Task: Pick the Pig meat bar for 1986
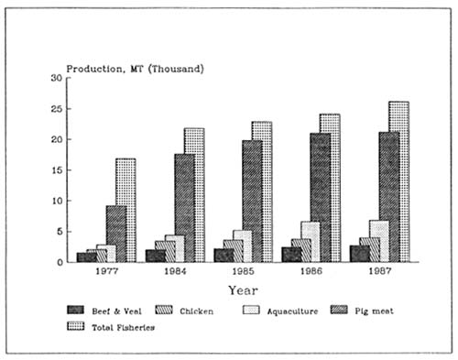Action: pos(321,196)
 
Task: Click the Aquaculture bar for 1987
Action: pos(378,241)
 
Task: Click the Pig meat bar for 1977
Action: pos(116,233)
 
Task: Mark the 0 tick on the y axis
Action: pos(60,262)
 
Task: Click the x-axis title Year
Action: pos(243,289)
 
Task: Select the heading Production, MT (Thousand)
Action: pos(135,69)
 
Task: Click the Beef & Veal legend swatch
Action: pos(79,311)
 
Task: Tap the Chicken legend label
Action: pos(196,311)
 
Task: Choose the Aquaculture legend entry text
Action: pos(293,311)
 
